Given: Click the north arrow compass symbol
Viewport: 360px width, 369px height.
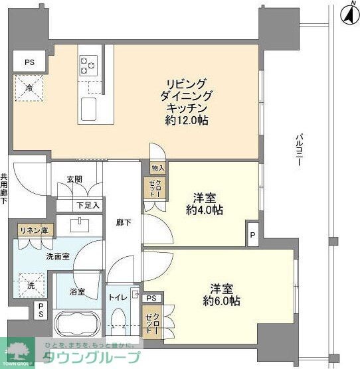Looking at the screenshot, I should pos(348,14).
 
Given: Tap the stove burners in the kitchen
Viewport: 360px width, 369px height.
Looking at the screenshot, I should pos(87,64).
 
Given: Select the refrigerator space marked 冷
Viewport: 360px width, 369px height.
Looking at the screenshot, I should pos(29,88).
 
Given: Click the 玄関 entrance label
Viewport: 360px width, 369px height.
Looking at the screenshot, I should pos(74,179).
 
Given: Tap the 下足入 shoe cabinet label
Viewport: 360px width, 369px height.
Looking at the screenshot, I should pos(87,205).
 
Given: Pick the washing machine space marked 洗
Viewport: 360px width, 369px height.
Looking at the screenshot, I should pos(31,285).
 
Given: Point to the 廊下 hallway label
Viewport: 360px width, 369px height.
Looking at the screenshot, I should pos(124,223).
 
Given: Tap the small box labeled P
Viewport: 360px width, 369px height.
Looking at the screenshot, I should pos(252,235).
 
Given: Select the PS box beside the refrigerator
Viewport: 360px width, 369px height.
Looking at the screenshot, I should pos(29,62).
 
